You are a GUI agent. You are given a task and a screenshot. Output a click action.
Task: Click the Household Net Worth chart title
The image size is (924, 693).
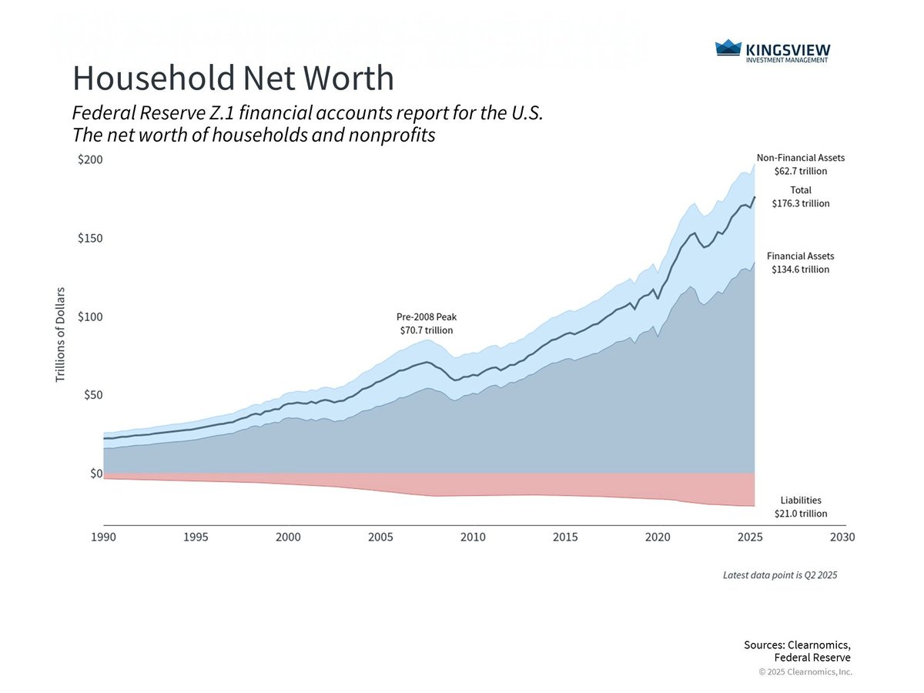[x=233, y=79]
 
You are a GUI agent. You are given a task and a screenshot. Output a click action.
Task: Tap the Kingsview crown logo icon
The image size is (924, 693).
[x=727, y=49]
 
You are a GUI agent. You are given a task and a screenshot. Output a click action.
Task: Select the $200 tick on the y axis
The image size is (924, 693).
[x=90, y=159]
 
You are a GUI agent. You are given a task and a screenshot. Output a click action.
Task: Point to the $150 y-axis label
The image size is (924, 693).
[x=90, y=238]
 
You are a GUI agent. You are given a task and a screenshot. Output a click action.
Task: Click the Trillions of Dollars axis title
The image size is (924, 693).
[x=60, y=335]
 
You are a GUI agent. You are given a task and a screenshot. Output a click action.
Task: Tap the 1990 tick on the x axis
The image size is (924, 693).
[x=104, y=537]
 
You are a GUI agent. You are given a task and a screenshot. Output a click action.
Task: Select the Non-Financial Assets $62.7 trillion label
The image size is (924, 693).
[x=801, y=164]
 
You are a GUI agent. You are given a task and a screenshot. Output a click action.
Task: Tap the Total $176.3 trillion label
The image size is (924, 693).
[x=801, y=197]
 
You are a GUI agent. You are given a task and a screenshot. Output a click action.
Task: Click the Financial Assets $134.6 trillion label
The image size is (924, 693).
[x=801, y=263]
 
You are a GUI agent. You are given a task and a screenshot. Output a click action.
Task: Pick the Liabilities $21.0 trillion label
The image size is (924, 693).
[x=801, y=507]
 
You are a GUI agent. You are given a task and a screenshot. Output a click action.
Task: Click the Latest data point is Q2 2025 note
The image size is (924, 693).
[x=779, y=575]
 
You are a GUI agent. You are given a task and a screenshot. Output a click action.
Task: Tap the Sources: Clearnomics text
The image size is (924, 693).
[x=797, y=645]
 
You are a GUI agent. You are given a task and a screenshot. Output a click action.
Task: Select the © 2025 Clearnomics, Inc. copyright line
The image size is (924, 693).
[x=805, y=672]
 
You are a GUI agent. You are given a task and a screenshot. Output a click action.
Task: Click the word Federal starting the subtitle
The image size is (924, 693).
[x=100, y=113]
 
